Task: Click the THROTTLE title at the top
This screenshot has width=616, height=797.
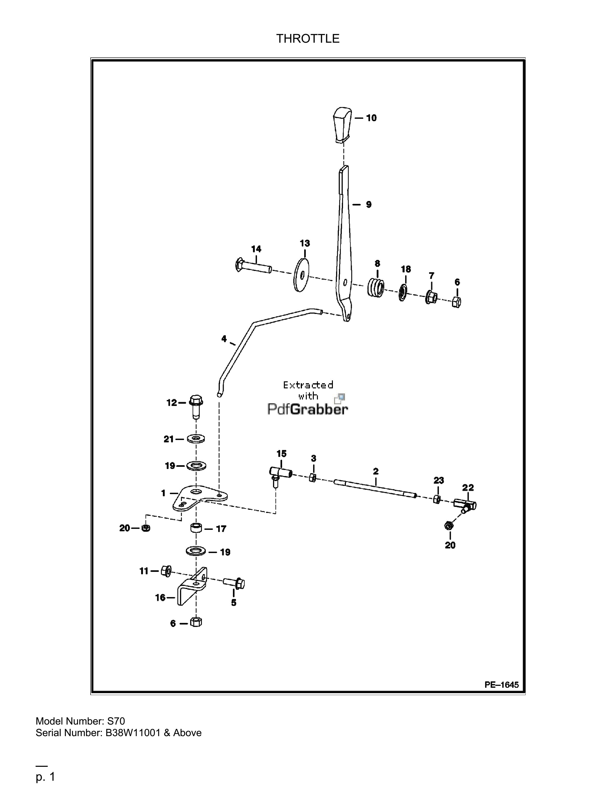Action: coord(308,38)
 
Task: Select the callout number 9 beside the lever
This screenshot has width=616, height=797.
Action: coord(369,204)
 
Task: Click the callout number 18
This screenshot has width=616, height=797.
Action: coord(406,269)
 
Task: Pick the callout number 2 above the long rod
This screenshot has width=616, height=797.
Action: coord(376,471)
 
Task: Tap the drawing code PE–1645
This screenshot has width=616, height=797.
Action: coord(501,685)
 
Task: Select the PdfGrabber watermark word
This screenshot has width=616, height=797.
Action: coord(308,409)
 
